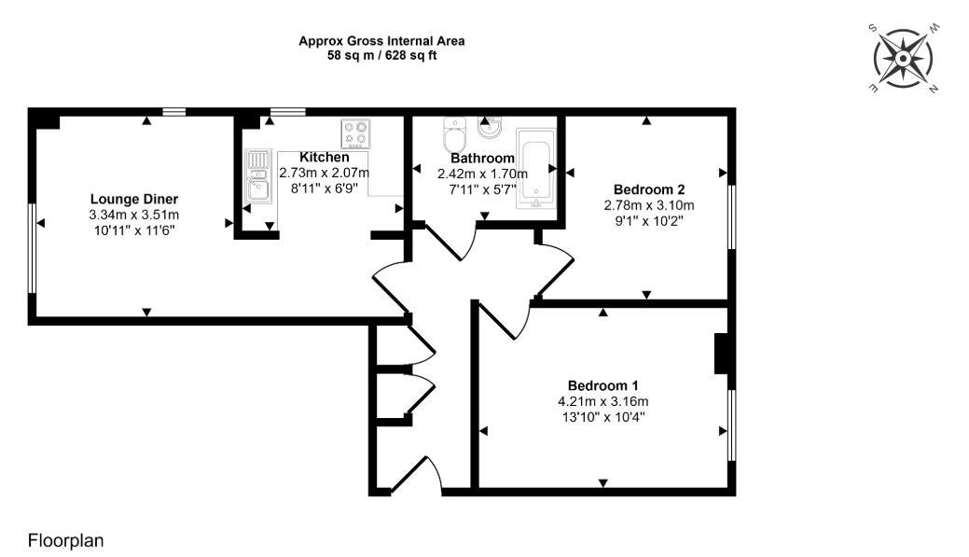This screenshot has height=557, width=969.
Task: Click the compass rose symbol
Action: point(904,59)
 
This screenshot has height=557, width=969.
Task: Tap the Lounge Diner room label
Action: point(134,199)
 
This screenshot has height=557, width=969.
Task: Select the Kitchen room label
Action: point(325,157)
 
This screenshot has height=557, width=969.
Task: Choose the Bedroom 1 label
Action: point(602,386)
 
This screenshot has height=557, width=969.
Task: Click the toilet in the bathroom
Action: point(456,136)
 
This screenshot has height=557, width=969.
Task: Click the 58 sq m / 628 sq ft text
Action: point(381,56)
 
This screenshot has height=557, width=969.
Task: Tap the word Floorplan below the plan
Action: point(65,540)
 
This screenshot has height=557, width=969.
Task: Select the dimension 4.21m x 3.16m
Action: point(602,402)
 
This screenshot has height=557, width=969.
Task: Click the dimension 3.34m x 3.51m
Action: point(134,215)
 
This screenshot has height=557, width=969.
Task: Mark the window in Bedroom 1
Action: point(731,425)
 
